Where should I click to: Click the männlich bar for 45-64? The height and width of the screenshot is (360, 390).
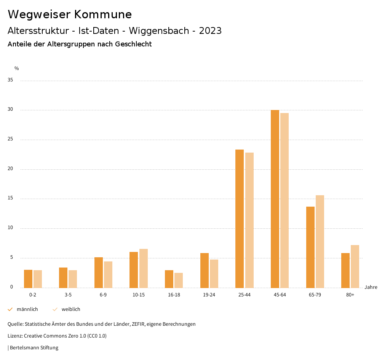[275, 199]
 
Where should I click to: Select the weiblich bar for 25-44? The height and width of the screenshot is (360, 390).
[249, 220]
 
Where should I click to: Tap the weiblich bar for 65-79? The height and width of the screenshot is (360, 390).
[320, 241]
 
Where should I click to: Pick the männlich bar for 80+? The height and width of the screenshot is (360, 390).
[345, 270]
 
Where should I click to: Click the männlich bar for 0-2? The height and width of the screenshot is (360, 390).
[28, 279]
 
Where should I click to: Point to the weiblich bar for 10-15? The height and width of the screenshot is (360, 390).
[144, 268]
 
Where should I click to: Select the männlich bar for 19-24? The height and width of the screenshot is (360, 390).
[204, 270]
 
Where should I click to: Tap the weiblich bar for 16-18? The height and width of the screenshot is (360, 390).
[179, 280]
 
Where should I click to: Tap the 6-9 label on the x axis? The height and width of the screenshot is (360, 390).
[103, 295]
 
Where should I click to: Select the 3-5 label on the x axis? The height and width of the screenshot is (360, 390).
[68, 295]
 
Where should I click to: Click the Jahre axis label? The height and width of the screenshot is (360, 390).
[371, 287]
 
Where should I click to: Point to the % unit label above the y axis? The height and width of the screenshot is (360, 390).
[17, 68]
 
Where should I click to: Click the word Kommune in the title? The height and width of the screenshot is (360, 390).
[103, 14]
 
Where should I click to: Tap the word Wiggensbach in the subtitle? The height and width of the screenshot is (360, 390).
[161, 31]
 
